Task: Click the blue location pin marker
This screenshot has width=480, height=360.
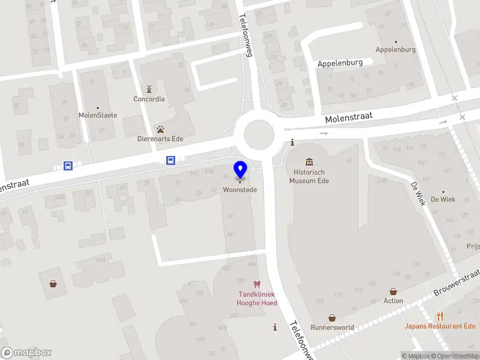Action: [x=240, y=169]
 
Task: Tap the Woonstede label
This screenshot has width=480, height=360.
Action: [x=240, y=190]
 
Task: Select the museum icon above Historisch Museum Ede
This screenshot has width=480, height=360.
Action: [x=309, y=162]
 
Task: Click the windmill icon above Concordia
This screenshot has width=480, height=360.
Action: [x=149, y=89]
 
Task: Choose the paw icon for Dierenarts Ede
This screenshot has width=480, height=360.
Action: [x=161, y=129]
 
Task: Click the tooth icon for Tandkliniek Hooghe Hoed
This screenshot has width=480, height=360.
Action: [x=257, y=284]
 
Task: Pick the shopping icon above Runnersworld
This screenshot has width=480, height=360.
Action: [x=332, y=318]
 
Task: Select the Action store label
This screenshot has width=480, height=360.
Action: [x=394, y=301]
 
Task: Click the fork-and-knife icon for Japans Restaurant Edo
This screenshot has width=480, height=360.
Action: [x=440, y=316]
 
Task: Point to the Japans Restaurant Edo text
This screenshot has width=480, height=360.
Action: [x=440, y=326]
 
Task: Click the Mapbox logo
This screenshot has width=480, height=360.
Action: [x=26, y=353]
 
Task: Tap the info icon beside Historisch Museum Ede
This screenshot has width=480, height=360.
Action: [x=292, y=142]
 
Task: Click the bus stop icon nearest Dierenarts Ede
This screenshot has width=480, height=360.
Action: [x=171, y=160]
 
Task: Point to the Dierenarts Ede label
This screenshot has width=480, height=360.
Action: [x=161, y=139]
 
